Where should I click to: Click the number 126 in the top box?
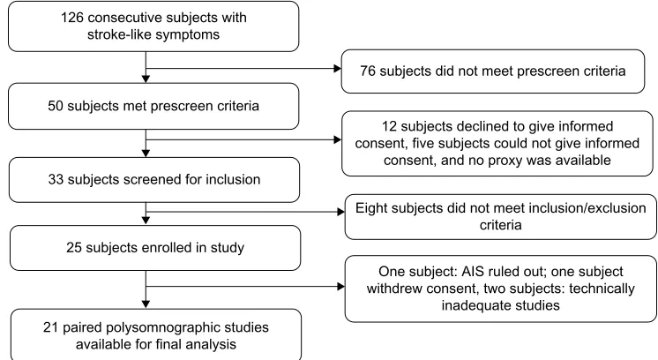pos(72,18)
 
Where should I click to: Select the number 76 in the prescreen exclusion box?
pos(368,71)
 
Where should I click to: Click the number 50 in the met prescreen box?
pos(56,106)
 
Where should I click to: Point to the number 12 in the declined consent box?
pos(389,126)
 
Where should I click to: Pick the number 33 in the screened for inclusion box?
pos(56,179)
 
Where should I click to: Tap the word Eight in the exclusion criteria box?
pos(371,208)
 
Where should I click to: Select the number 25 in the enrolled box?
pos(74,248)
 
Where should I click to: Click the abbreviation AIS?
pos(473,272)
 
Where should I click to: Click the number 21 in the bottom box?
pos(51,327)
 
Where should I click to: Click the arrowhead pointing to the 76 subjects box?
pos(338,69)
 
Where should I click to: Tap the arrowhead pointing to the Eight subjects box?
pos(340,212)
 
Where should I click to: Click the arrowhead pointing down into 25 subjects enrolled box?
pos(146,221)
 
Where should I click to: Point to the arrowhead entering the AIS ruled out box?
pos(340,287)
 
